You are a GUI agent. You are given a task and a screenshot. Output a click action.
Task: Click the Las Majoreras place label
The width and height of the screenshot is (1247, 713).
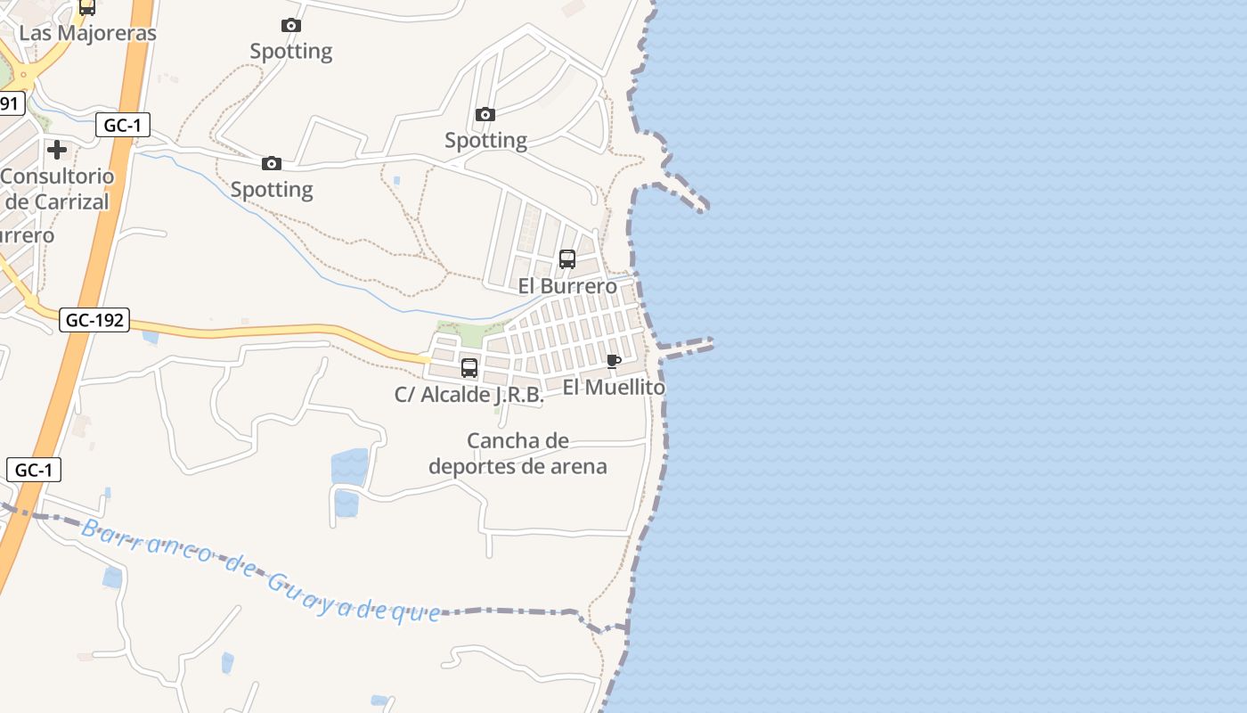87,33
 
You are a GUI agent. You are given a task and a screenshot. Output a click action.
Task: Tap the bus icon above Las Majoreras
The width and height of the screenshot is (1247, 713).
87,7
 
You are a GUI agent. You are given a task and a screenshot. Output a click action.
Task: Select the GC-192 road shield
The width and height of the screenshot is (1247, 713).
94,320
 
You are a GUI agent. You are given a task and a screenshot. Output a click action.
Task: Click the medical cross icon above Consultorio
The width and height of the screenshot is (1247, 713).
58,150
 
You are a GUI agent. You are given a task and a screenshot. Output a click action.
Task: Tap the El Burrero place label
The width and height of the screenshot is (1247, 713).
567,286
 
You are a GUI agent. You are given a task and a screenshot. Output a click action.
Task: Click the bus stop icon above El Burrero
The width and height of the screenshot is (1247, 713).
567,259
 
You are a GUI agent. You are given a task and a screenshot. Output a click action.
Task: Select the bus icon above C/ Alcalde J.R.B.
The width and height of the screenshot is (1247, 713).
469,367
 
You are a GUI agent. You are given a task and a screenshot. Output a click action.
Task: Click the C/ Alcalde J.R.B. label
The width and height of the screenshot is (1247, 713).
469,395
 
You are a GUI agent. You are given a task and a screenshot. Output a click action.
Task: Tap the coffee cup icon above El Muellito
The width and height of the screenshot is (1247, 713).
613,361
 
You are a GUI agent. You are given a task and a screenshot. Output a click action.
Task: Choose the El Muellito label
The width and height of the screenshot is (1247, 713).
614,388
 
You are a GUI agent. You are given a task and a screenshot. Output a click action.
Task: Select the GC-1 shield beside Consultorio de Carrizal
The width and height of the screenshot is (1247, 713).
122,126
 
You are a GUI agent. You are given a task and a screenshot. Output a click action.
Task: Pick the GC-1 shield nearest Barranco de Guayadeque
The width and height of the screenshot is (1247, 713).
34,470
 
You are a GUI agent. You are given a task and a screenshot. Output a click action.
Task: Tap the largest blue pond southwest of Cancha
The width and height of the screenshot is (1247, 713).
349,467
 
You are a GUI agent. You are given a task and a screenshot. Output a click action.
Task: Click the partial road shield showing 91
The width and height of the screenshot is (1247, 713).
9,103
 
